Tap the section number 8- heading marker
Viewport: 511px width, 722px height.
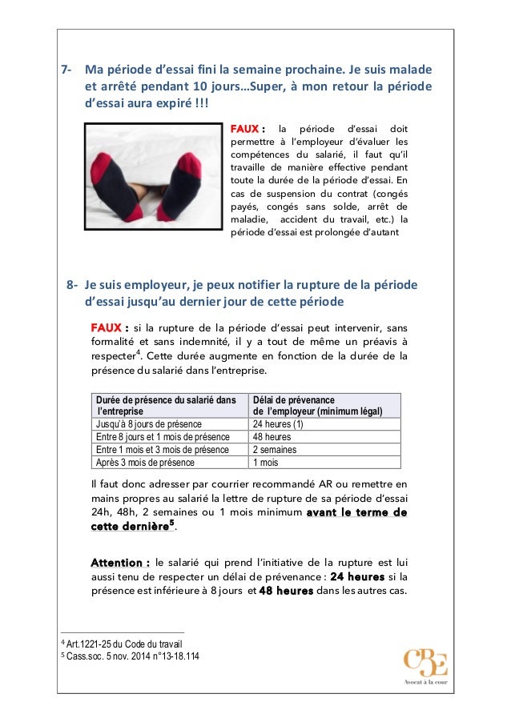click(x=72, y=285)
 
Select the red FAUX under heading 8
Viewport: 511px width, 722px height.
click(x=110, y=328)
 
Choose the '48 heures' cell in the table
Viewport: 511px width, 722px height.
click(x=272, y=437)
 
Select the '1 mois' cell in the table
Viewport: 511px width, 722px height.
click(x=267, y=463)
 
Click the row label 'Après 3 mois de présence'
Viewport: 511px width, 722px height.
click(x=145, y=463)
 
